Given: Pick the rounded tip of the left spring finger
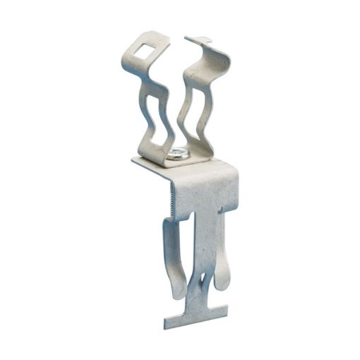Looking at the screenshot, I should [176, 292].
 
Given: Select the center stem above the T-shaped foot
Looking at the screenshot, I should [200, 300].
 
